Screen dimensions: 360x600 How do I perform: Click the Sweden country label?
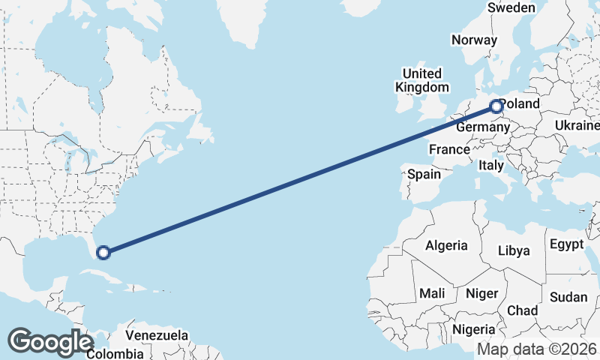(x=511, y=7)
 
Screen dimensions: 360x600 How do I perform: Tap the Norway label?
(x=475, y=40)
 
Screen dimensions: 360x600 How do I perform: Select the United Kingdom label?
(x=422, y=80)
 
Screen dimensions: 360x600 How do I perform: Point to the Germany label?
(x=482, y=128)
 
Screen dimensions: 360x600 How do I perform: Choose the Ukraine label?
(x=576, y=125)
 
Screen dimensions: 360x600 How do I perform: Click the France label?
(x=449, y=149)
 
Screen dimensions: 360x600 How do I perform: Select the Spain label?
(x=424, y=175)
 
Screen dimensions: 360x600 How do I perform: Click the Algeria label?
(x=446, y=245)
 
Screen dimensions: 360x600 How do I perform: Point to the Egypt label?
(x=566, y=244)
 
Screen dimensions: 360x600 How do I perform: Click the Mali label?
(x=432, y=292)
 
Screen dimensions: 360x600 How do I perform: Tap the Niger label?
(x=481, y=293)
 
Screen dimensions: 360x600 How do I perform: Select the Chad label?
(x=522, y=310)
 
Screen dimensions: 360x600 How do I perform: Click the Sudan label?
(x=568, y=297)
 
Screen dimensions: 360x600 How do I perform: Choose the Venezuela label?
(x=157, y=335)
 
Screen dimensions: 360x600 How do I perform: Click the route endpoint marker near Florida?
(x=103, y=253)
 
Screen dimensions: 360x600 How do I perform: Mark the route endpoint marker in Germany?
(x=496, y=106)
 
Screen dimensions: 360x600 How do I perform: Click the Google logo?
(x=50, y=342)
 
